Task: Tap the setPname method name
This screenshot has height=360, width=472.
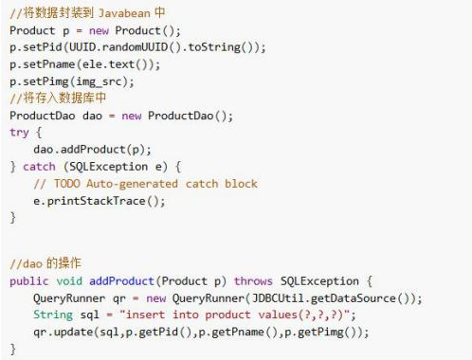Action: tap(52, 64)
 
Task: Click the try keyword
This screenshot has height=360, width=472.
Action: tap(18, 133)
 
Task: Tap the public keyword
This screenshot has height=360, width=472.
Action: tap(28, 281)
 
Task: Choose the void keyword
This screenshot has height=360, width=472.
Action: tap(73, 281)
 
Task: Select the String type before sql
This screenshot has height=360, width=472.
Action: tap(52, 315)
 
